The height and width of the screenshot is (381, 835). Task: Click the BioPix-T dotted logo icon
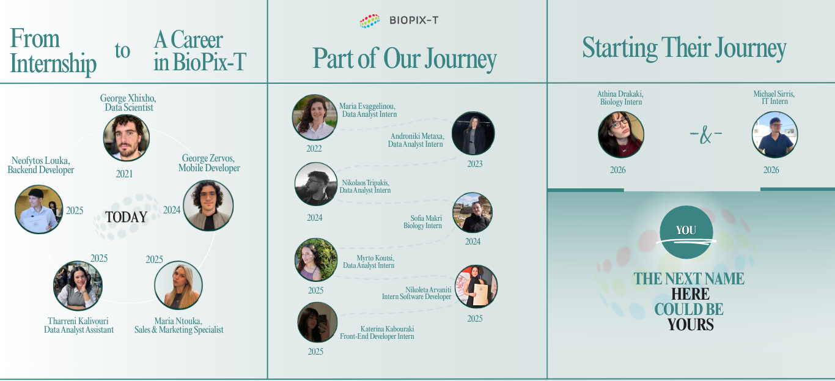click(370, 21)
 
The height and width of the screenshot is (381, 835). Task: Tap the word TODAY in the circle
click(126, 217)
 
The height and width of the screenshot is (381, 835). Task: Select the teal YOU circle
click(686, 232)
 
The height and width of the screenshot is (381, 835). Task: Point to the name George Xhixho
click(128, 98)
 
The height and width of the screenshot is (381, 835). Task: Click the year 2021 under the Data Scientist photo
click(124, 174)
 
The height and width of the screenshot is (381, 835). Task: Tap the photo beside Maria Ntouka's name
click(178, 285)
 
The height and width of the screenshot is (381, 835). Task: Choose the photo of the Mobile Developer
click(208, 205)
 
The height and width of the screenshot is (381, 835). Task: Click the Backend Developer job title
click(40, 170)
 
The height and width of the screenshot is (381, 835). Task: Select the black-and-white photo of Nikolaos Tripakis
click(316, 184)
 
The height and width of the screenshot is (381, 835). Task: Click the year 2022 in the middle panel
click(314, 149)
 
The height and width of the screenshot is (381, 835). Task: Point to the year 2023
click(475, 164)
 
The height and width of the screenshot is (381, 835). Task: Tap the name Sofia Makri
click(426, 218)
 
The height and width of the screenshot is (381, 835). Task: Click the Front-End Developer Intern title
click(377, 336)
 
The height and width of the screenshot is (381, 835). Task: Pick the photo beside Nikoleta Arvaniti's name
click(476, 286)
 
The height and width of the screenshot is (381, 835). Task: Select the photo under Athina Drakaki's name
click(621, 135)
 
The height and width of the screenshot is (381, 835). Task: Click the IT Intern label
click(774, 102)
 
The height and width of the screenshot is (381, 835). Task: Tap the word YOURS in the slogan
click(690, 325)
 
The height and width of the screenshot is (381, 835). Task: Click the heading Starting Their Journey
click(685, 48)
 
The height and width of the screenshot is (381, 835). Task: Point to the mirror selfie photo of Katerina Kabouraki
click(318, 322)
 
